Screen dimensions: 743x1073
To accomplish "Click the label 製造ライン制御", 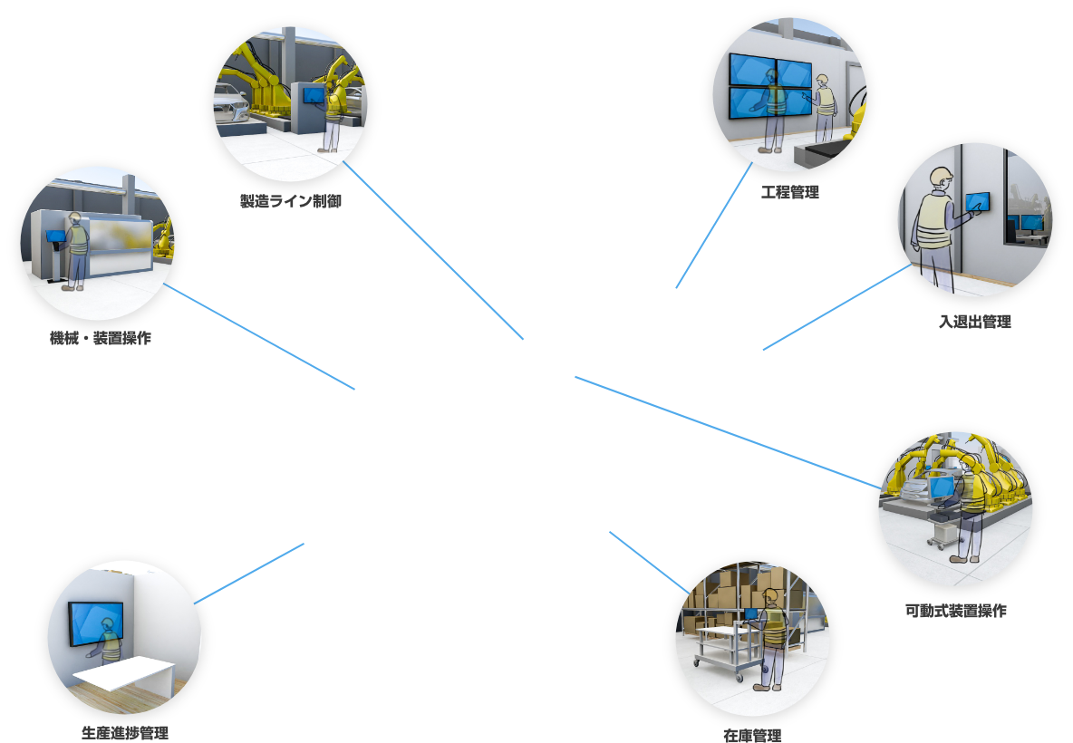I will [x=290, y=201].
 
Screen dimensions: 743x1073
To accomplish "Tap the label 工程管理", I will [x=790, y=192].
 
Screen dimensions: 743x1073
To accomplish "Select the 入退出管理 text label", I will [x=974, y=322].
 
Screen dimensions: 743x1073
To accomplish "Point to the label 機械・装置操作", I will [x=101, y=338].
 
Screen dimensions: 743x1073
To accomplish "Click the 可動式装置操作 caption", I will [x=955, y=611].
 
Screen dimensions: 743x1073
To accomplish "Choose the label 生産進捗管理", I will [x=124, y=732].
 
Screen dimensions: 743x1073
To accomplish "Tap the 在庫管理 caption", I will [x=752, y=735].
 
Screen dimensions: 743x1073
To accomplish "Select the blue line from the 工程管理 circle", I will [x=713, y=227].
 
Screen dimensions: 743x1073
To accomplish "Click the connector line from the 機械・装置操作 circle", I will [x=259, y=337].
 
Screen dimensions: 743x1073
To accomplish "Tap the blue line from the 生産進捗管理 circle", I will [x=249, y=574].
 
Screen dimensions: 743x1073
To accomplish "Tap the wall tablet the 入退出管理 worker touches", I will [x=977, y=202].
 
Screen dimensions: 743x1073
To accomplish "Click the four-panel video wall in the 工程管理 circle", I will [x=769, y=85].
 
